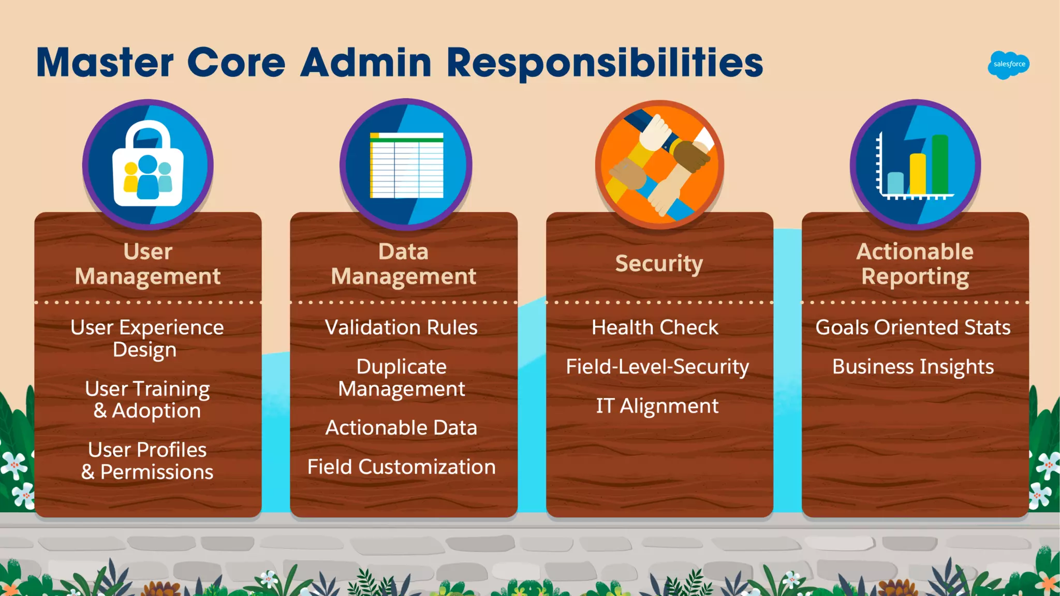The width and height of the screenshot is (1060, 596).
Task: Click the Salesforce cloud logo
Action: (1008, 65)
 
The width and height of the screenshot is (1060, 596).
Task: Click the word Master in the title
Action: (105, 63)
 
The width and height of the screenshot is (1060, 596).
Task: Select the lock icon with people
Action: (148, 165)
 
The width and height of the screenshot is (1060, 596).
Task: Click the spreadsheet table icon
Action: (406, 165)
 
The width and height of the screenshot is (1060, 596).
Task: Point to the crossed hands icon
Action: (659, 165)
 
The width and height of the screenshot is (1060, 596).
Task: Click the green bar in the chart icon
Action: (940, 164)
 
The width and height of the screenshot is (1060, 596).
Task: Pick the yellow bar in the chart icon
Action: (918, 174)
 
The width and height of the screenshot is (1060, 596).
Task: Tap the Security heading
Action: (659, 263)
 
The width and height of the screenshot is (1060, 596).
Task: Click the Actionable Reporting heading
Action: (915, 264)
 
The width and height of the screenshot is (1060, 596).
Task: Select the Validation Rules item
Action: (401, 327)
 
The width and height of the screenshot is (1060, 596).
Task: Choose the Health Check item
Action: (655, 327)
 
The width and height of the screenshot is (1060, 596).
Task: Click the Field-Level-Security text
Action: (657, 367)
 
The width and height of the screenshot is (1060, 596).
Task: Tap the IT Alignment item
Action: (657, 406)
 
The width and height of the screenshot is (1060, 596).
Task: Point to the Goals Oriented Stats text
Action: (913, 327)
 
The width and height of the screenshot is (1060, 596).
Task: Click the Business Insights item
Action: (913, 367)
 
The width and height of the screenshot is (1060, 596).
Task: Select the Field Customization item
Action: (401, 467)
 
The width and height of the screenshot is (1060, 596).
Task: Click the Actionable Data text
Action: (401, 428)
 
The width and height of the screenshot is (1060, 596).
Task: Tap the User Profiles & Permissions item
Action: (148, 461)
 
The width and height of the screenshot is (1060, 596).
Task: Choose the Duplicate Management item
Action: (402, 378)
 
